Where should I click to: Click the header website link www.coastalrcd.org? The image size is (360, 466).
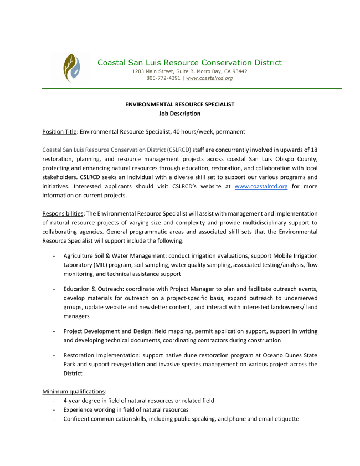pos(209,79)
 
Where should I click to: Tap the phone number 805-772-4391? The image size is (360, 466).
pos(163,79)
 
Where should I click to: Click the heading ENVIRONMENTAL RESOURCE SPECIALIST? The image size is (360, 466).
pos(180,104)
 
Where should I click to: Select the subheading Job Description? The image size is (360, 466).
pos(180,114)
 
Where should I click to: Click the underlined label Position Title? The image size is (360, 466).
pos(59,132)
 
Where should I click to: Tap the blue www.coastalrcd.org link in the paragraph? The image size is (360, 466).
pos(261,187)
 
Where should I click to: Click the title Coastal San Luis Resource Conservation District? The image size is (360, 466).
pos(189,63)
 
